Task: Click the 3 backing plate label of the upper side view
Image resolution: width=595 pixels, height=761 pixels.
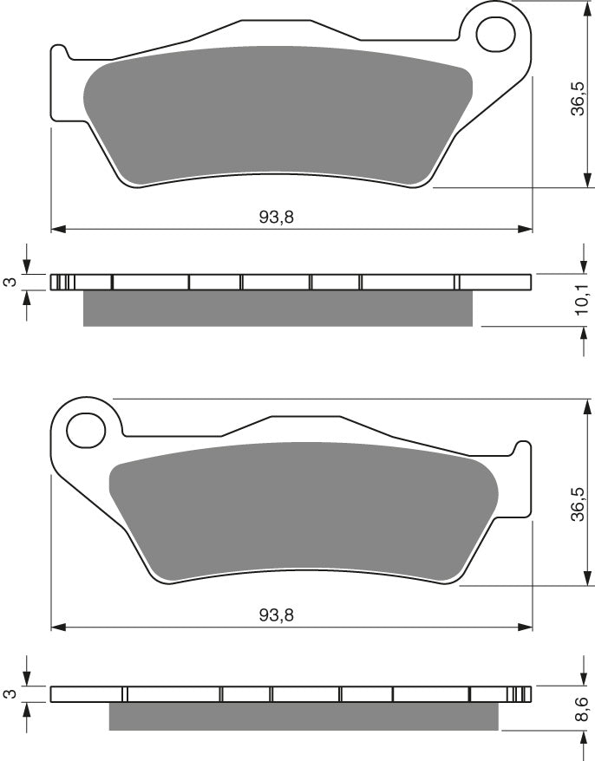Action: tap(9, 283)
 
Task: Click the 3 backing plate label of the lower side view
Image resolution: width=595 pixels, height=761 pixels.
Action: tap(9, 694)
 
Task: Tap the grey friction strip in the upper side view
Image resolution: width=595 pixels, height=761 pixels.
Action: tap(278, 309)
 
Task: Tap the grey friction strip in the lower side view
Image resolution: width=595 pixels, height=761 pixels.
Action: tap(304, 716)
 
